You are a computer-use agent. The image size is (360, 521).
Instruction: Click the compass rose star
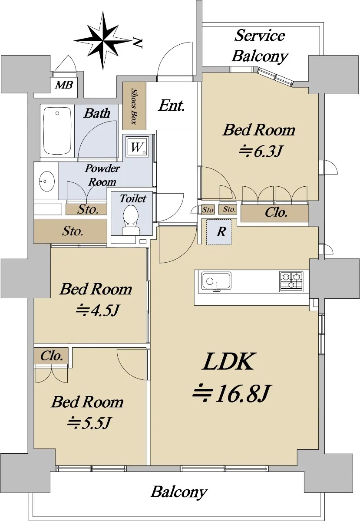(103, 41)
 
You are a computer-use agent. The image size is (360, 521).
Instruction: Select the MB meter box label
(64, 85)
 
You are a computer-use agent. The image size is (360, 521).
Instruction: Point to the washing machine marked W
(137, 147)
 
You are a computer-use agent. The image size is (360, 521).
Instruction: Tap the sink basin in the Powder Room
(47, 181)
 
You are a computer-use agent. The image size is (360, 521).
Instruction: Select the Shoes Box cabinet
(134, 106)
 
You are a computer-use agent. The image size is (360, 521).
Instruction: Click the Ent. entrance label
(172, 106)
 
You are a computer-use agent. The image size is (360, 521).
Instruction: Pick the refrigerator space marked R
(219, 232)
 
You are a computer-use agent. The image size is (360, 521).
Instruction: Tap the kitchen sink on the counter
(216, 281)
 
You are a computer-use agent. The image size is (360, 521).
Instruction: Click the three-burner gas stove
(291, 281)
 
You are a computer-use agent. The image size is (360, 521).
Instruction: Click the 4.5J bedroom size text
(98, 310)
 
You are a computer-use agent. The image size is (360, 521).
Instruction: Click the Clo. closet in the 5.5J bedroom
(51, 356)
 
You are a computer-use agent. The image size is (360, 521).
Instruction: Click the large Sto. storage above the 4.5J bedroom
(70, 231)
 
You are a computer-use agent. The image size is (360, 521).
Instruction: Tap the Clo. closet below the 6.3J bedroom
(274, 213)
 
